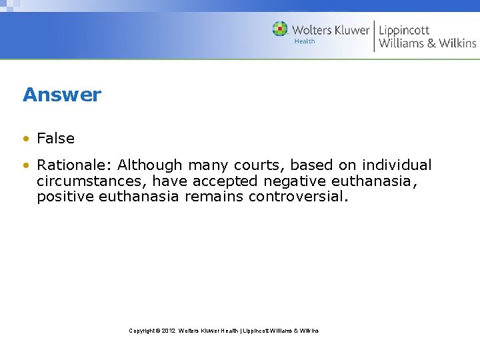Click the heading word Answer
click(62, 95)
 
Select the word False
click(56, 139)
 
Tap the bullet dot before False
click(25, 139)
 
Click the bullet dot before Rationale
click(25, 165)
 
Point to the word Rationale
click(74, 165)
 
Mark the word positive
click(65, 197)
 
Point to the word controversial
click(298, 197)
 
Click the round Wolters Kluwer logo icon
click(280, 29)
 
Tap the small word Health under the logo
click(304, 41)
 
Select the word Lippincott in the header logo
click(404, 30)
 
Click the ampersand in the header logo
click(432, 43)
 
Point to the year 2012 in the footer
click(167, 331)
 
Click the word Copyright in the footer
click(142, 331)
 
